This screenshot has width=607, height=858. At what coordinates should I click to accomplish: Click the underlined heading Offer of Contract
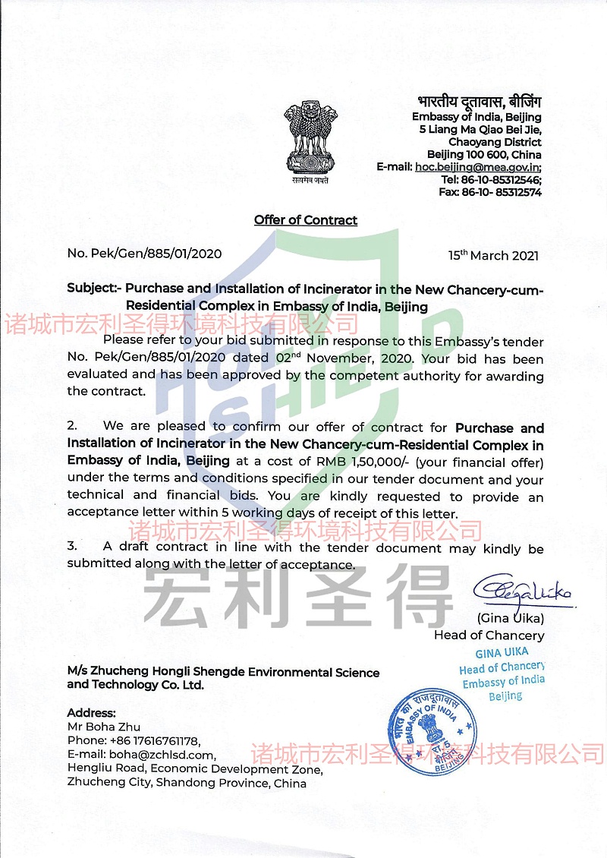(306, 220)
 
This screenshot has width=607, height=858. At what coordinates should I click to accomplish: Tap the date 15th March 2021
(493, 255)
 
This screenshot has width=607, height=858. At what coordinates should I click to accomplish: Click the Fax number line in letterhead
(490, 192)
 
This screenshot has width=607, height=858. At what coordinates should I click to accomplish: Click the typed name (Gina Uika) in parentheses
(511, 618)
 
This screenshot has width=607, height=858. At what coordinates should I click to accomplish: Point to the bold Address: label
(92, 713)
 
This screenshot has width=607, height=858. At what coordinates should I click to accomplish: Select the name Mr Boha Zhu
(104, 727)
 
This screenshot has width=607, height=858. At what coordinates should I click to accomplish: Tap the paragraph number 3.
(71, 547)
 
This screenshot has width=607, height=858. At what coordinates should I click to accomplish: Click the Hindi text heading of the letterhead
(480, 102)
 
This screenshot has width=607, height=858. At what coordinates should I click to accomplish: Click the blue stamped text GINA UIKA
(502, 652)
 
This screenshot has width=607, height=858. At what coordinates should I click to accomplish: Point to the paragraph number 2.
(71, 427)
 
